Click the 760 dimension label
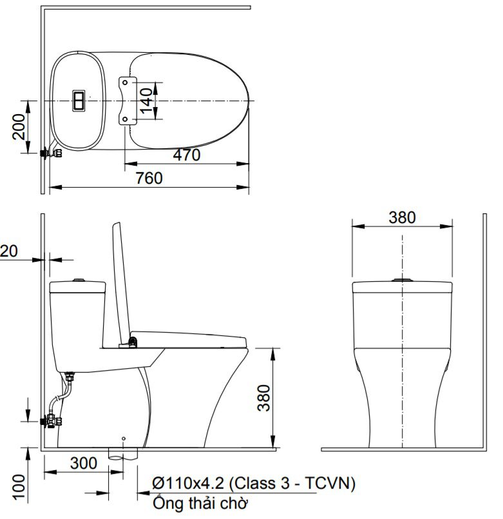click(x=149, y=179)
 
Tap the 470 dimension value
click(x=187, y=155)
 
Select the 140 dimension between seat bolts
click(x=146, y=101)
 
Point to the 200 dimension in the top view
click(x=18, y=127)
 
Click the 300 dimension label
click(x=84, y=463)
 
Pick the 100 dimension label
click(x=19, y=487)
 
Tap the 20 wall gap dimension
click(x=8, y=251)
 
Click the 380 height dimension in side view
click(x=263, y=398)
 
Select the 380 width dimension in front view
click(x=402, y=217)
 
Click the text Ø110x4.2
click(x=188, y=484)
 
